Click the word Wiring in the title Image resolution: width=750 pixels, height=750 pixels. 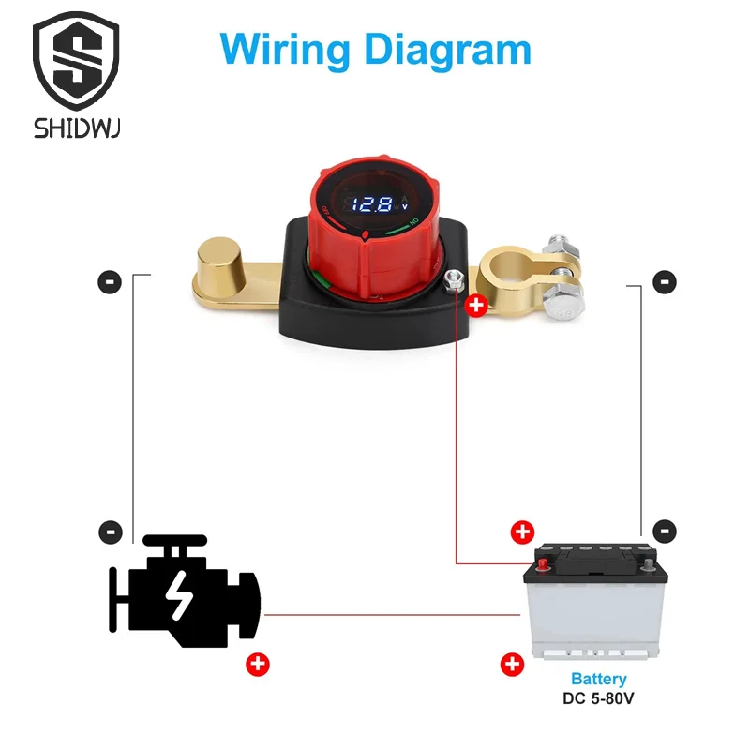285,51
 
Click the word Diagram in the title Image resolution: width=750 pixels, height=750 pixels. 448,51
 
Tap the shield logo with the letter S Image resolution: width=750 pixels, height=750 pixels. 76,61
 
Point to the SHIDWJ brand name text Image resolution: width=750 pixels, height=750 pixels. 77,128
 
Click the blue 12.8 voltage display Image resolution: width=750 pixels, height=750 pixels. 372,204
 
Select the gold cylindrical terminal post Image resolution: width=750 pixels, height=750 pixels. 221,262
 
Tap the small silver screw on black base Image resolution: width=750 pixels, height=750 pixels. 454,279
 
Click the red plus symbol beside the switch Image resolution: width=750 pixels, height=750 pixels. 476,306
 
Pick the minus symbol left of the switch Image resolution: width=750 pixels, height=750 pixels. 110,282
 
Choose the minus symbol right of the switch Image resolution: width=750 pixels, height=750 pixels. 665,282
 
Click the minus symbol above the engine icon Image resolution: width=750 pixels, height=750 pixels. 111,532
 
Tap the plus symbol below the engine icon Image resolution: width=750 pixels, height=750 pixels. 258,665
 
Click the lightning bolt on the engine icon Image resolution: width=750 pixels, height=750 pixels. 179,595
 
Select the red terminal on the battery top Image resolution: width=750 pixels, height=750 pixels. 543,564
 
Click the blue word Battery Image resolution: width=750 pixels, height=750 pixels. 599,679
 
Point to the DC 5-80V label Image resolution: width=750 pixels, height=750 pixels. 598,698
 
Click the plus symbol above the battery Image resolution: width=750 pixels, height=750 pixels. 522,532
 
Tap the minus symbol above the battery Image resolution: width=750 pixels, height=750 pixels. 665,531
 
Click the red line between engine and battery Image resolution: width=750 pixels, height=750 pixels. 392,615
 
